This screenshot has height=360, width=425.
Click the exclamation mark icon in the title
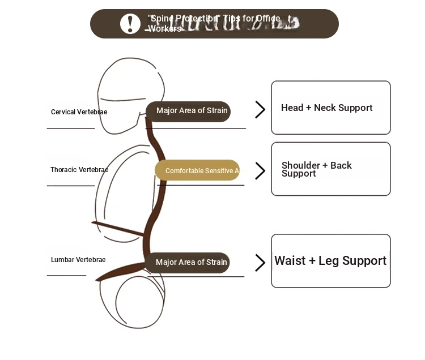tap(130, 24)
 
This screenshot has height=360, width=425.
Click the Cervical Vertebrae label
tap(79, 112)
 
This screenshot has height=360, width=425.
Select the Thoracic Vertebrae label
tap(79, 170)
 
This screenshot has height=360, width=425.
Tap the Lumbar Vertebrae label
tap(78, 260)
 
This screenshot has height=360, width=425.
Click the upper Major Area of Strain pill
tap(188, 112)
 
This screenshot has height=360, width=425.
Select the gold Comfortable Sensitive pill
tap(198, 170)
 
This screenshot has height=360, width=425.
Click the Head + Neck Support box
tap(330, 108)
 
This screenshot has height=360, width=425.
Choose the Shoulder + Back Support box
tap(330, 169)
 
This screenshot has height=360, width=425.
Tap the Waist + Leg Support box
tap(330, 261)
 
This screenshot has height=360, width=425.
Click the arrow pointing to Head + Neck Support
tap(260, 109)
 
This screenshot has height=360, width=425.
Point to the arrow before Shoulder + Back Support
tap(260, 170)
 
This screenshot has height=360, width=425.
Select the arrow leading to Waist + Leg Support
tap(260, 262)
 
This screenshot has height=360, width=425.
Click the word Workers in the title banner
tap(164, 29)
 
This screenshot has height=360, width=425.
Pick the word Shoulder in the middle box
tap(300, 165)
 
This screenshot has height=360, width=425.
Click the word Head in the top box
tap(292, 108)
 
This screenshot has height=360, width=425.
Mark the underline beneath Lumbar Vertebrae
tap(66, 276)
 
